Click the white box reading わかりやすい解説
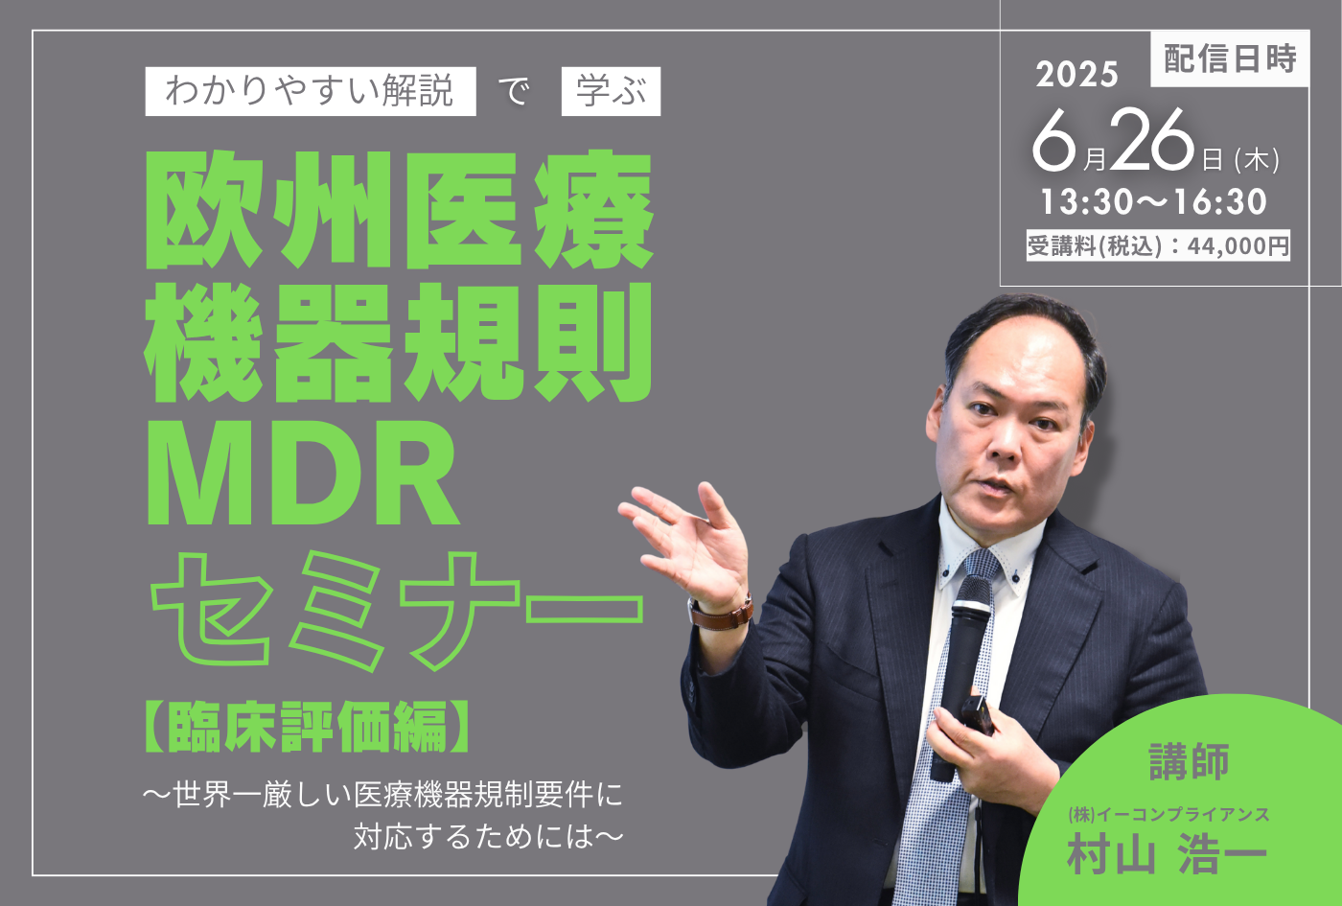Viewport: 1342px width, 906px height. (311, 91)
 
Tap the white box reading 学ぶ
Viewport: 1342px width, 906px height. (611, 91)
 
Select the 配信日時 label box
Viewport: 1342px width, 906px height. (1230, 58)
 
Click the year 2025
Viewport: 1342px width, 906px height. (1076, 75)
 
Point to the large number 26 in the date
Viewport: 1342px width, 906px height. (1152, 140)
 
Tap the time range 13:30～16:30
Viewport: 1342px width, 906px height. (1153, 201)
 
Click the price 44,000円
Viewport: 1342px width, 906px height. (1238, 245)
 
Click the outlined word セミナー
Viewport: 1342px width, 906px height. (397, 611)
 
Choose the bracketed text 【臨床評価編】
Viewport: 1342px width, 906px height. (308, 727)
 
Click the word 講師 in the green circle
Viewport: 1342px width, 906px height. (1190, 761)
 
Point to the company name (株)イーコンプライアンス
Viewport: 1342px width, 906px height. (1168, 814)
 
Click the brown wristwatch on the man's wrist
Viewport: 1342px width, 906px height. (721, 613)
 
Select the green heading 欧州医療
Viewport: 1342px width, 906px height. (399, 209)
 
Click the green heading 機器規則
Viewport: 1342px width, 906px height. (399, 343)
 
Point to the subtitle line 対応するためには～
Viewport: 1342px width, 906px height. (488, 836)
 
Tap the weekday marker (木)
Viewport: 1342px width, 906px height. (1257, 160)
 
